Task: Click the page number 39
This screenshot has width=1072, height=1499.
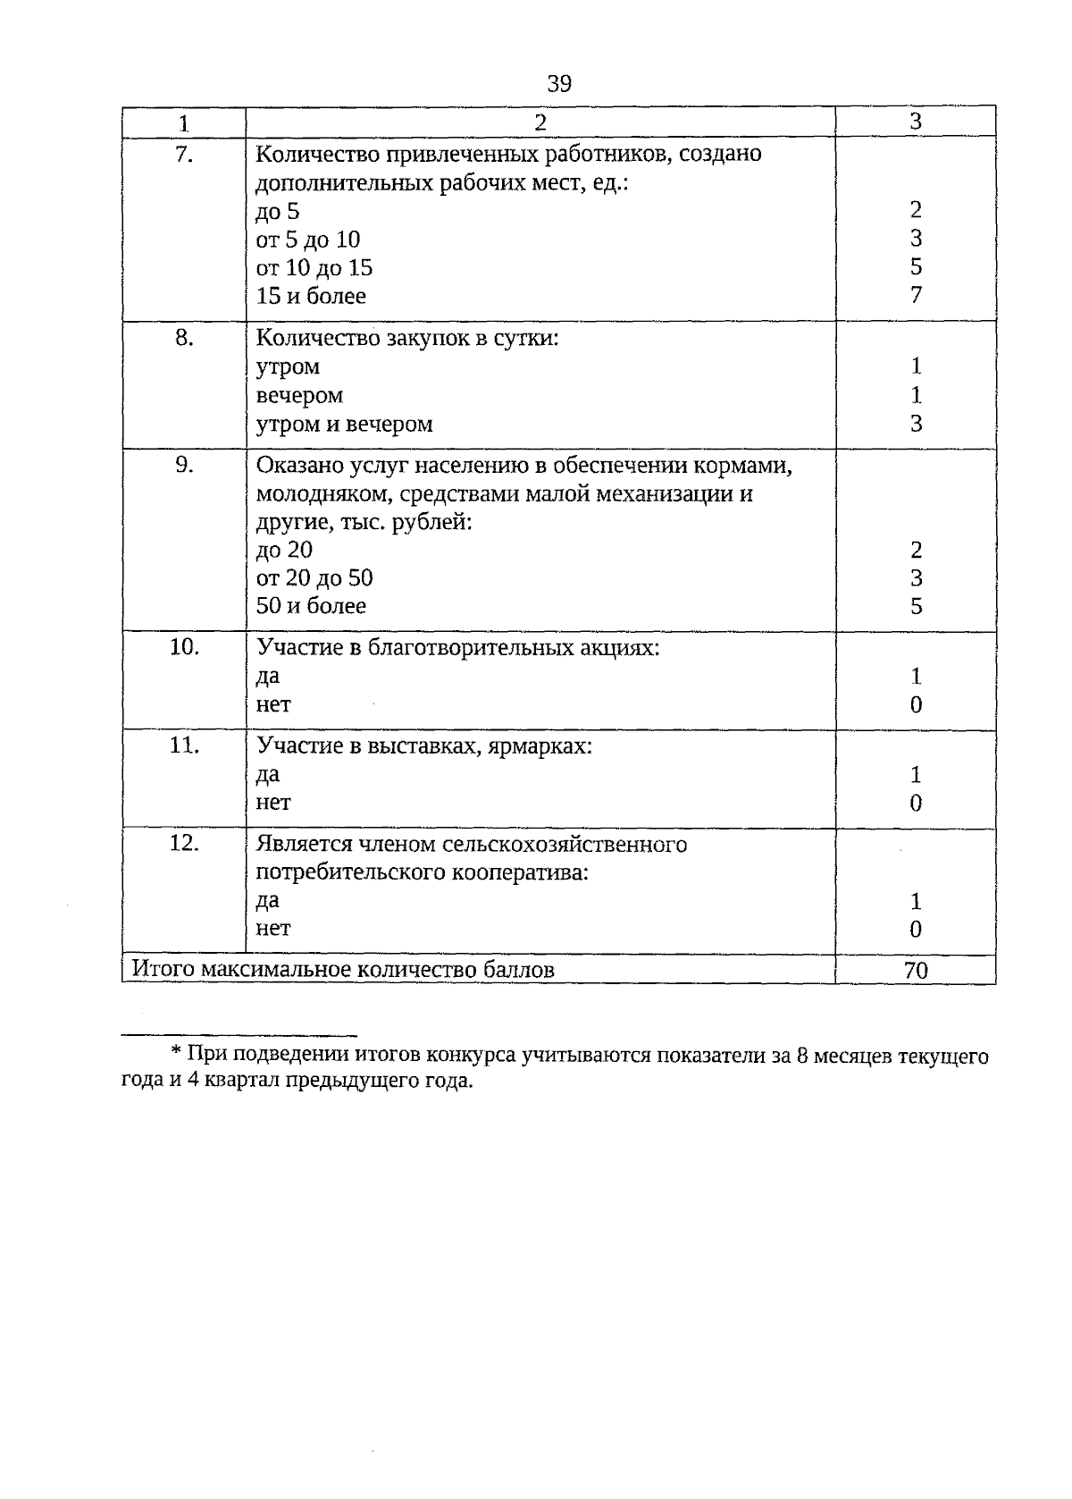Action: pos(558,84)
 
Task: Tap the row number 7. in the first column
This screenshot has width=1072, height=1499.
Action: pos(184,154)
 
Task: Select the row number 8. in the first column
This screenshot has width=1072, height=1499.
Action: pos(184,338)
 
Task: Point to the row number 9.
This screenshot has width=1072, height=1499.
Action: pos(184,465)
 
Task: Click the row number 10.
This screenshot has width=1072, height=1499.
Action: pos(184,647)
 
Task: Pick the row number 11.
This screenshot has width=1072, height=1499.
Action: pos(184,745)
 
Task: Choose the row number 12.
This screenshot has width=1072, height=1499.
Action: pos(184,844)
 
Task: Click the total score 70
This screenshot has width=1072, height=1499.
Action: pos(916,970)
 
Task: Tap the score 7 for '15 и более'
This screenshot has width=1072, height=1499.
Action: pos(916,295)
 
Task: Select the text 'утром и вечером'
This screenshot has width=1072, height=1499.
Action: pos(344,424)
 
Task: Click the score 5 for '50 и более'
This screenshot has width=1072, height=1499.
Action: pos(916,606)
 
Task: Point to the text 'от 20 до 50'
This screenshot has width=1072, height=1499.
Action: pos(314,577)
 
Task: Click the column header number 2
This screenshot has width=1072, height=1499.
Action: pos(540,122)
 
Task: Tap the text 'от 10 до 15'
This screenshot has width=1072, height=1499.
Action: pos(314,267)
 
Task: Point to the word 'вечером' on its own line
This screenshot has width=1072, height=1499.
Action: pos(299,395)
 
